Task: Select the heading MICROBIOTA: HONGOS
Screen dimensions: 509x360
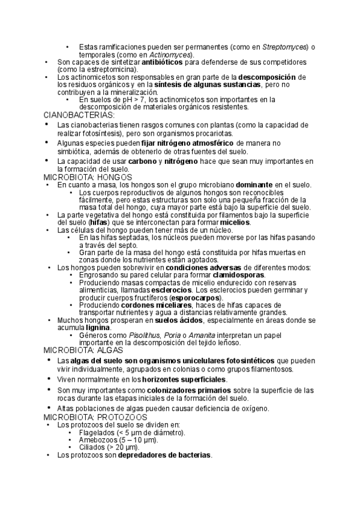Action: click(84, 178)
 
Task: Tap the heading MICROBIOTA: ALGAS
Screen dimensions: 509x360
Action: click(82, 349)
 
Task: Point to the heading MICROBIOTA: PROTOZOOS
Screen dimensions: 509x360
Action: click(95, 417)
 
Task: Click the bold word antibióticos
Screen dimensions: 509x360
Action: click(161, 62)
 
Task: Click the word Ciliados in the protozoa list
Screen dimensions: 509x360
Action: click(92, 447)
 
